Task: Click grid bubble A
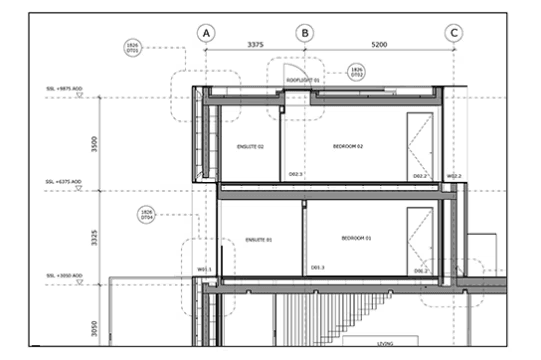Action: pyautogui.click(x=206, y=33)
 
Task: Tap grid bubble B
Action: pyautogui.click(x=304, y=33)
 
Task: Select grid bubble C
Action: pyautogui.click(x=454, y=33)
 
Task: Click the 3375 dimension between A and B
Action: pyautogui.click(x=254, y=45)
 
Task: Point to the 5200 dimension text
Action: pyautogui.click(x=380, y=45)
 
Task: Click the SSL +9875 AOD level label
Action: pyautogui.click(x=64, y=88)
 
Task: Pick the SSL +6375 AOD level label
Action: pyautogui.click(x=64, y=182)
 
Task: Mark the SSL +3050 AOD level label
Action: pyautogui.click(x=64, y=272)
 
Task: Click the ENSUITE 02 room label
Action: pyautogui.click(x=249, y=146)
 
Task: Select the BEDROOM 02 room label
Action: pyautogui.click(x=347, y=146)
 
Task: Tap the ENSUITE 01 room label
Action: pyautogui.click(x=258, y=240)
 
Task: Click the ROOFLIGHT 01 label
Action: pyautogui.click(x=303, y=79)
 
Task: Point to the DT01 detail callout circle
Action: pyautogui.click(x=134, y=47)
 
